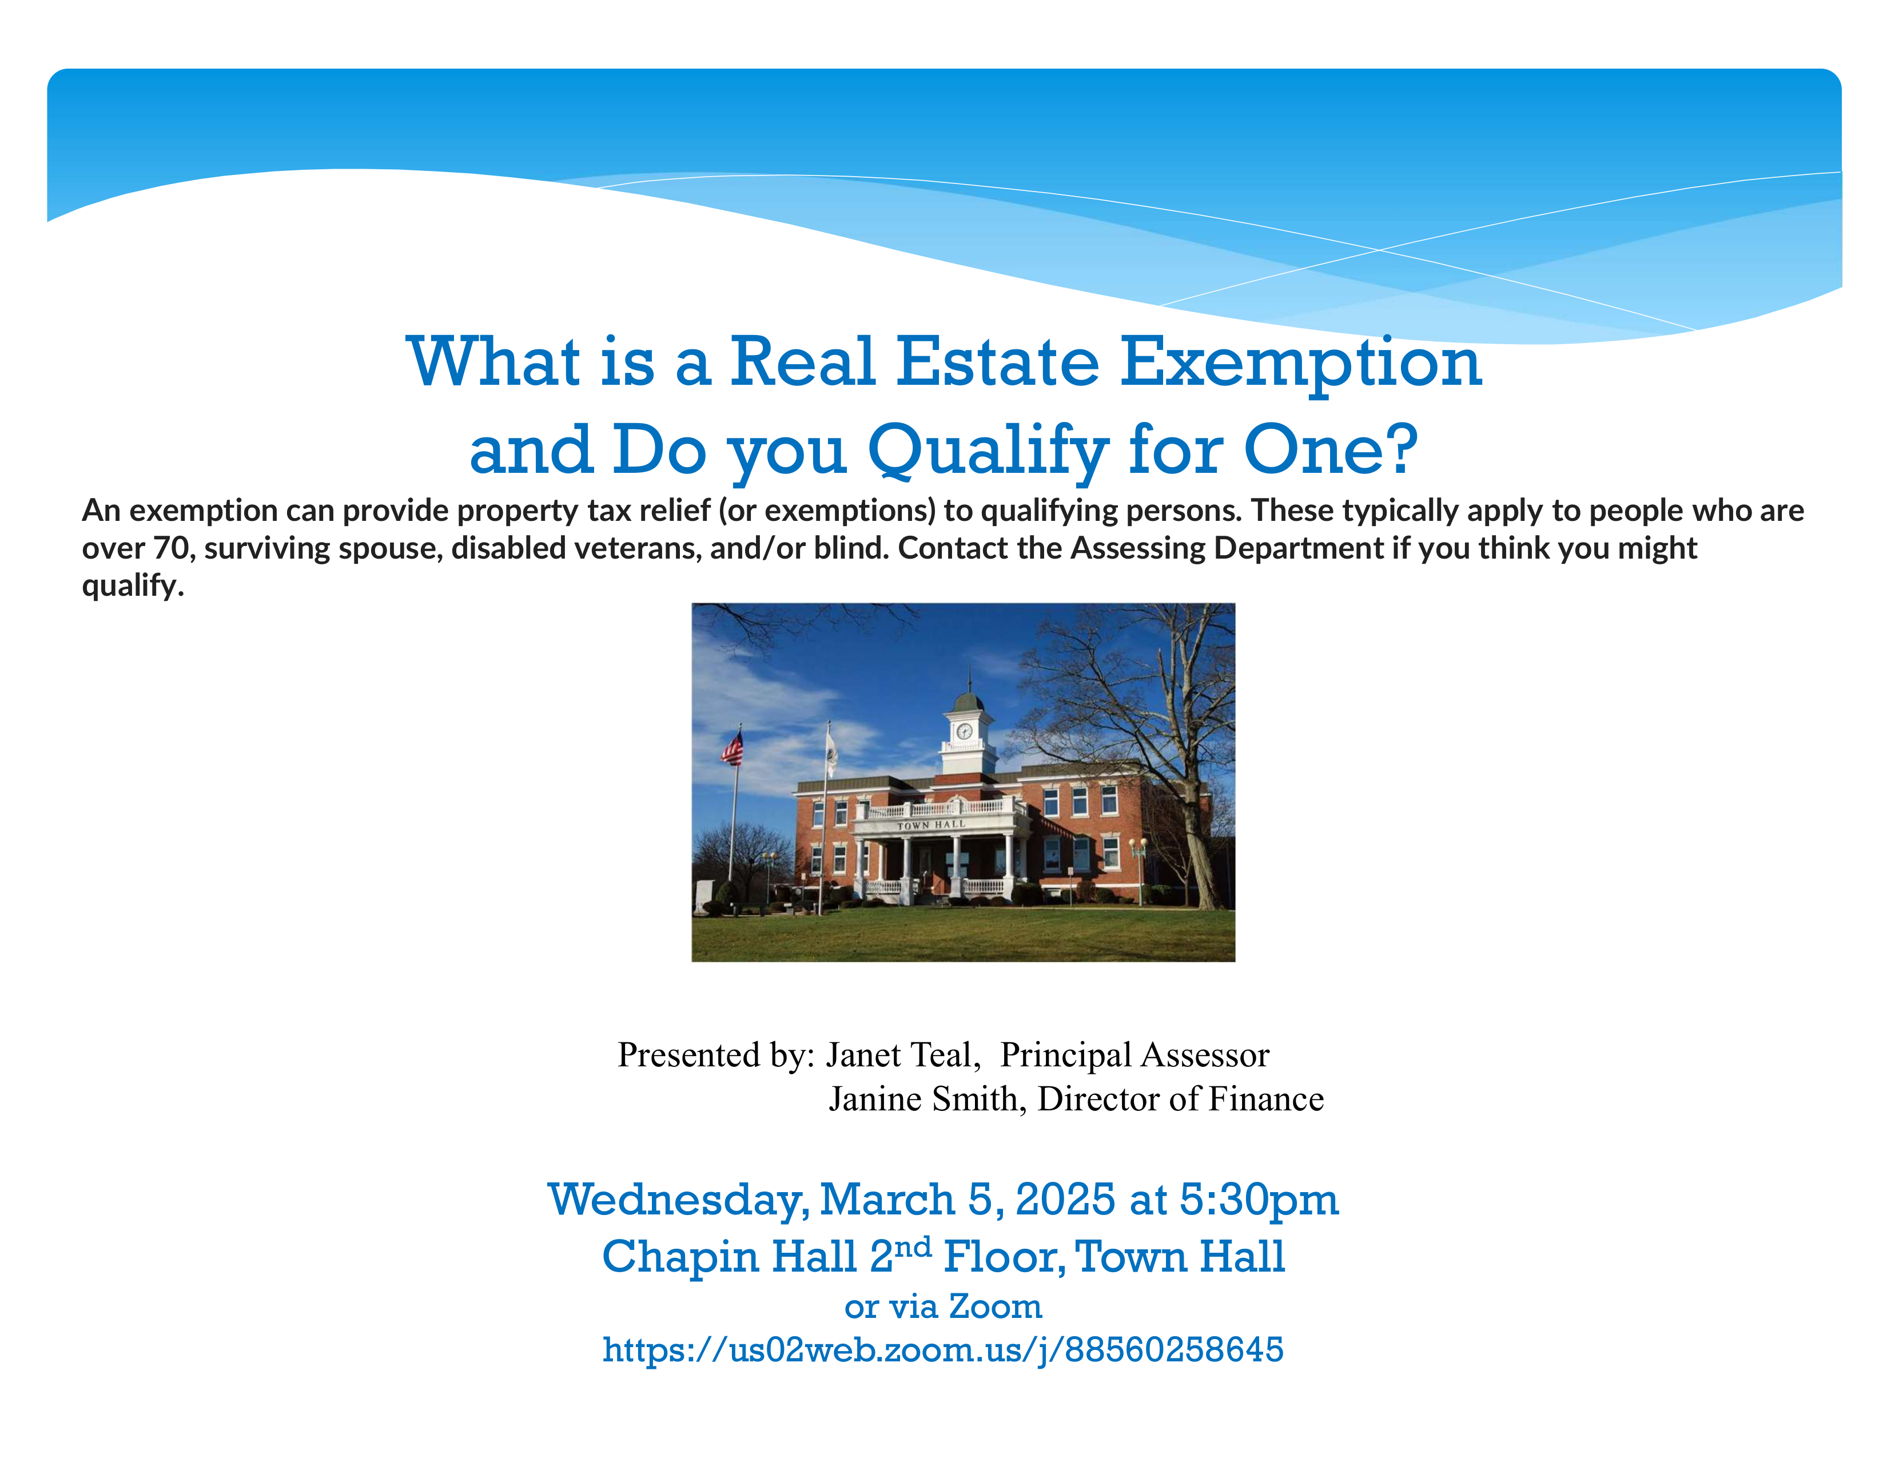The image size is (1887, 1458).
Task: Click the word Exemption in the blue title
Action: coord(1300,362)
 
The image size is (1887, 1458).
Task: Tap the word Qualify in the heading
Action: coord(988,451)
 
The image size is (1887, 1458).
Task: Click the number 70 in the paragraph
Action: coord(171,548)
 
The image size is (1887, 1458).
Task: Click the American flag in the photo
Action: coord(732,748)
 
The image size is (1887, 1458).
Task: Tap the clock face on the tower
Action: coord(964,731)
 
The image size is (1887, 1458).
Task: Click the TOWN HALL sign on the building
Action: coord(930,825)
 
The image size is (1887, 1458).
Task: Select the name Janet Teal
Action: coord(902,1055)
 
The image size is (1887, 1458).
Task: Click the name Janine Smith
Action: coord(926,1099)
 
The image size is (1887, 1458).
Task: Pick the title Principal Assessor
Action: coord(1134,1055)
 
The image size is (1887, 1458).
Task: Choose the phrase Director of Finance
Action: coord(1180,1099)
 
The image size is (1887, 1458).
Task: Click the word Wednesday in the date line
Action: coord(678,1201)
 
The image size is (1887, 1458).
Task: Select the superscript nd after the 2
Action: coord(913,1246)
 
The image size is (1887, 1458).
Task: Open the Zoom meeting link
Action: coord(942,1349)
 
